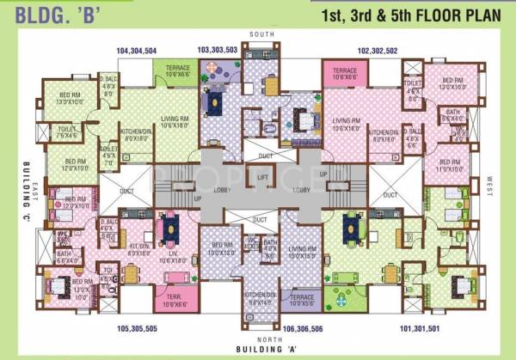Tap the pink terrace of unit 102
(345, 73)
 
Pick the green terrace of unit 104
(178, 73)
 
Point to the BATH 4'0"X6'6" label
(270, 245)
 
